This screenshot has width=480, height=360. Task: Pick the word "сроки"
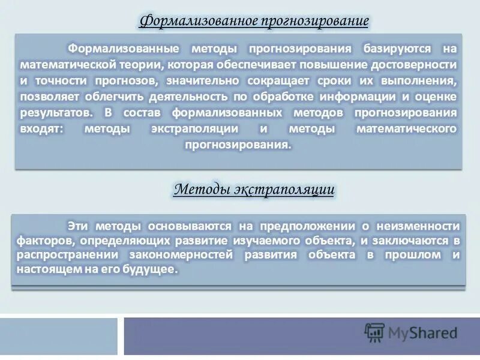coord(349,80)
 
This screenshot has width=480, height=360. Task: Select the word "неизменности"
coord(419,226)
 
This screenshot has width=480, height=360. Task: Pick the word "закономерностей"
coord(183,255)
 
